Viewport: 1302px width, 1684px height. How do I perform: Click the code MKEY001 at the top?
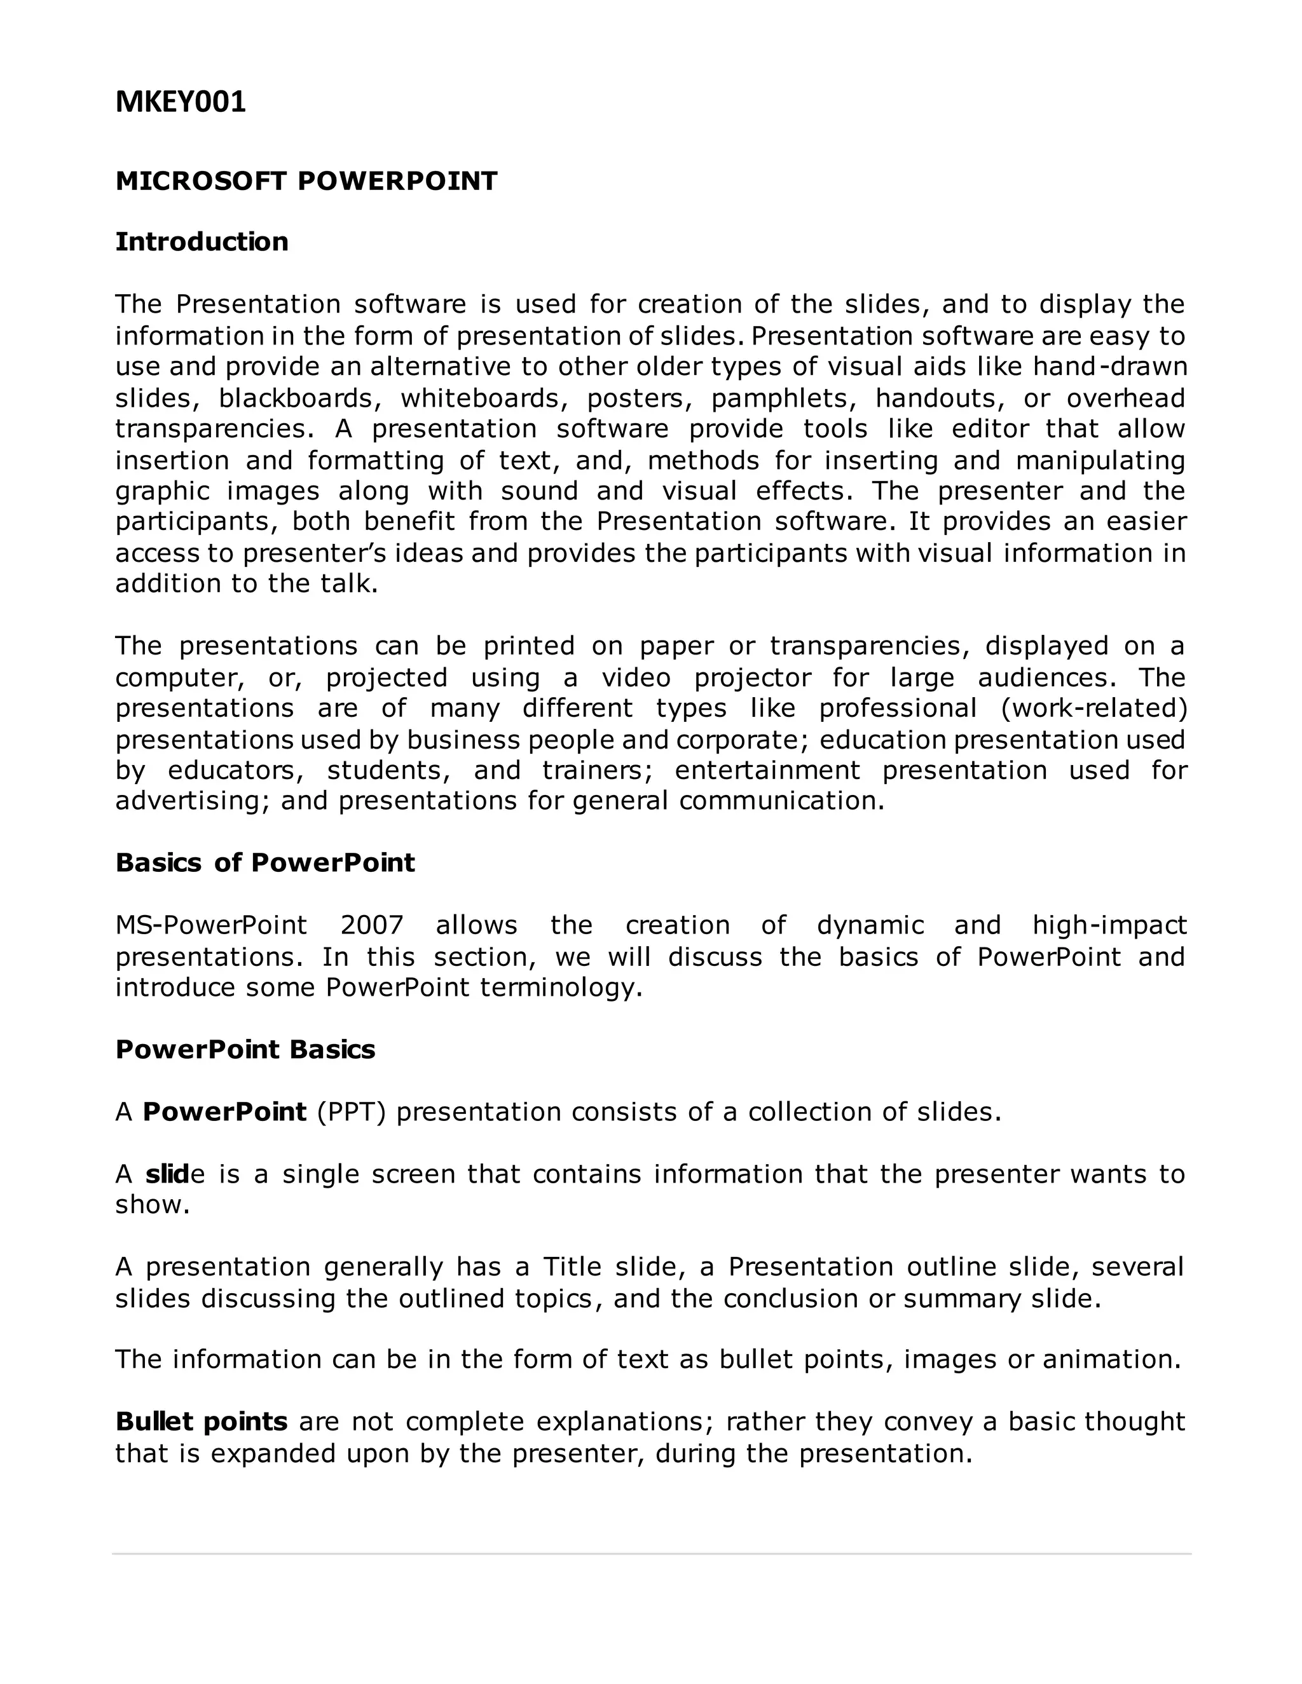tap(181, 102)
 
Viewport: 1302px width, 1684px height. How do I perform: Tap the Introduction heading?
tap(202, 242)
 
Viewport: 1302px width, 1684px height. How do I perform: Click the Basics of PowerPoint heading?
tap(264, 863)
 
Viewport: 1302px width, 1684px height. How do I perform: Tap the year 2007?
tap(372, 925)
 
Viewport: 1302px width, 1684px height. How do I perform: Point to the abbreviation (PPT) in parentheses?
tap(351, 1112)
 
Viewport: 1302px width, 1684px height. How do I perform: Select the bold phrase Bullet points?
tap(202, 1421)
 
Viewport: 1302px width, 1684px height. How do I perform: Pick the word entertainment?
tap(767, 770)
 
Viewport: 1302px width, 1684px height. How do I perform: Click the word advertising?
tap(192, 801)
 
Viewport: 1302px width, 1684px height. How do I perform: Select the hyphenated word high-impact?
tap(1109, 925)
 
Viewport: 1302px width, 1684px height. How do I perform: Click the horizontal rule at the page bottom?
tap(651, 1553)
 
